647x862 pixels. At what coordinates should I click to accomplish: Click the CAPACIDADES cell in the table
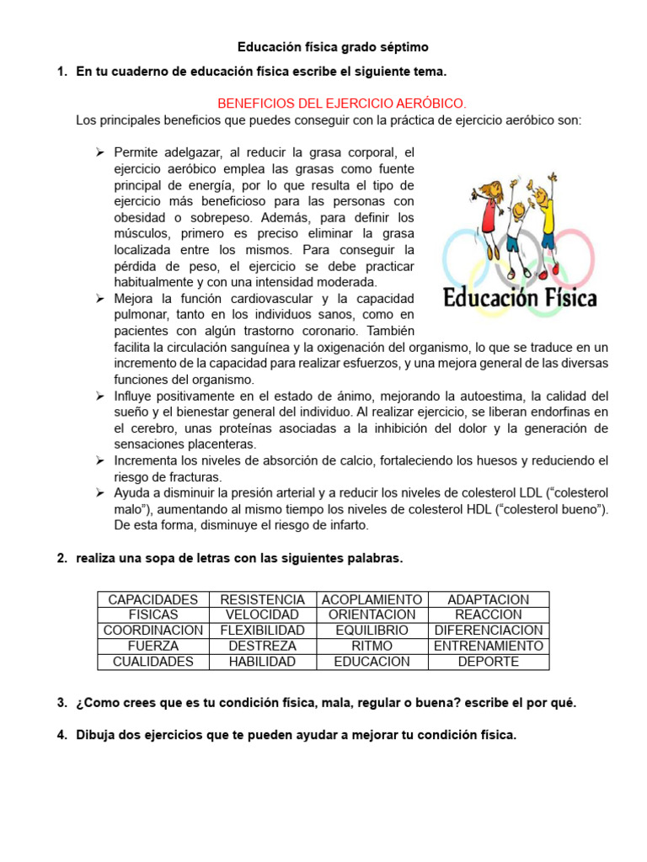pyautogui.click(x=153, y=599)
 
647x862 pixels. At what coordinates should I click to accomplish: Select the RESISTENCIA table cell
pyautogui.click(x=262, y=599)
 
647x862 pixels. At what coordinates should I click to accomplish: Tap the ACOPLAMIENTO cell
pyautogui.click(x=372, y=599)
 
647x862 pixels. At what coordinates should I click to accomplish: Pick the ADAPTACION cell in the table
pyautogui.click(x=489, y=599)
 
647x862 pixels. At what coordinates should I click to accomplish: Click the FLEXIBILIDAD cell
pyautogui.click(x=262, y=631)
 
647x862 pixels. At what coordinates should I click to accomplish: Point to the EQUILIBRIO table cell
pyautogui.click(x=372, y=631)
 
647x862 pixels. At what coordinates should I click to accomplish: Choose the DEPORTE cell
pyautogui.click(x=489, y=662)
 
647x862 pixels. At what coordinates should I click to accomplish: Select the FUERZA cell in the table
pyautogui.click(x=153, y=646)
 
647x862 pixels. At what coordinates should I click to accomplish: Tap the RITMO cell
pyautogui.click(x=372, y=646)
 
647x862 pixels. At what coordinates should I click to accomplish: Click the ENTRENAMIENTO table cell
pyautogui.click(x=489, y=646)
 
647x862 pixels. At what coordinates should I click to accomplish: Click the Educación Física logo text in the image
pyautogui.click(x=520, y=298)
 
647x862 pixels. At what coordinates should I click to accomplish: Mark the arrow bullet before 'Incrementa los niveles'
pyautogui.click(x=99, y=460)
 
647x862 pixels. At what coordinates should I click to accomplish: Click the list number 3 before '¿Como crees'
pyautogui.click(x=61, y=703)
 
